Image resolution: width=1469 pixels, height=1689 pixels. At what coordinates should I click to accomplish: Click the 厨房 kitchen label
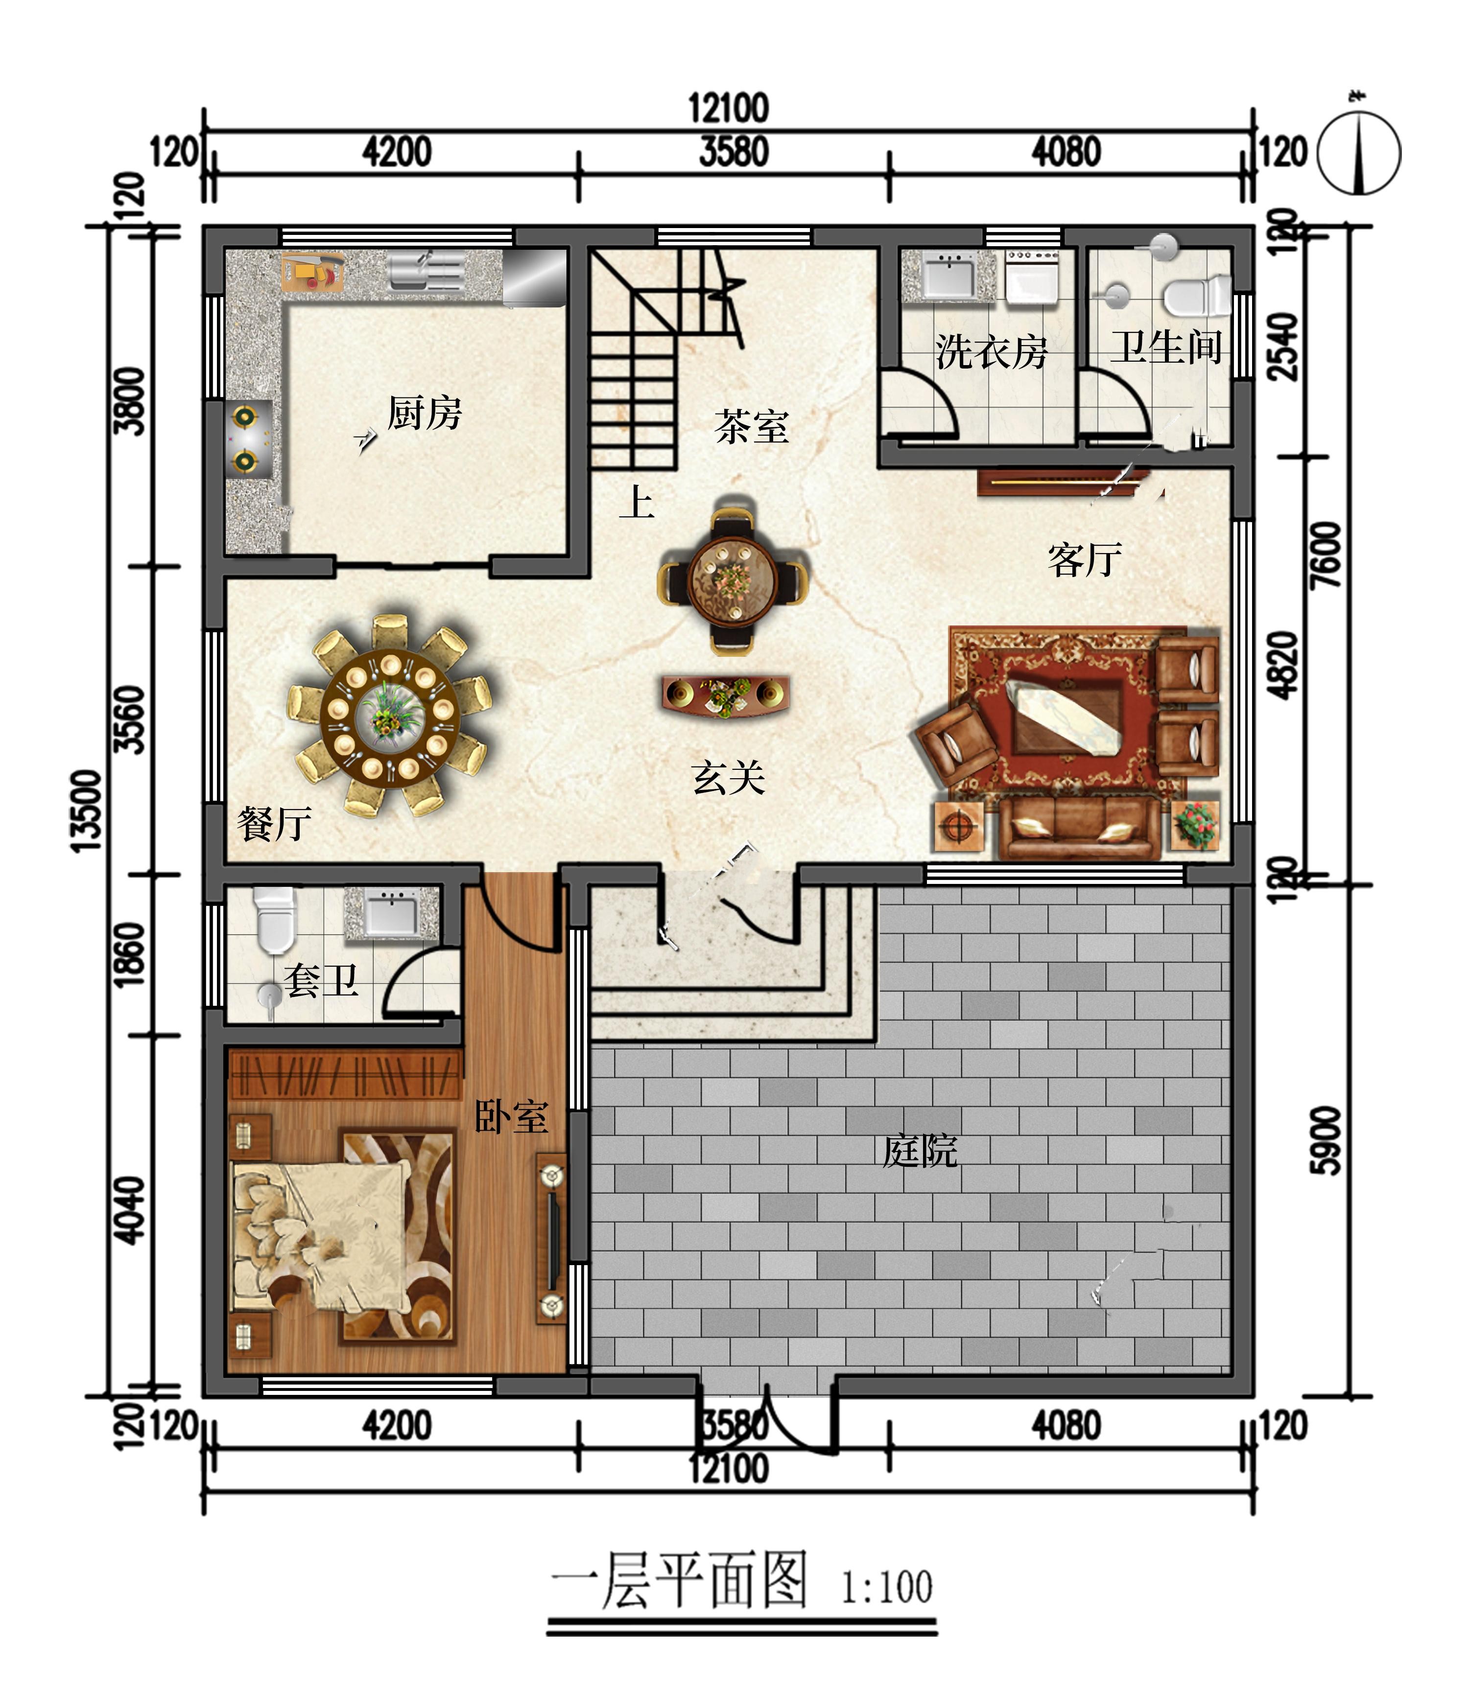click(425, 412)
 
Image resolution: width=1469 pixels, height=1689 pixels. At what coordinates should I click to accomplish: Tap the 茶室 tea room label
click(752, 427)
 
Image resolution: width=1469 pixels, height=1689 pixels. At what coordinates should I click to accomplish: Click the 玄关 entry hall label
click(729, 777)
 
